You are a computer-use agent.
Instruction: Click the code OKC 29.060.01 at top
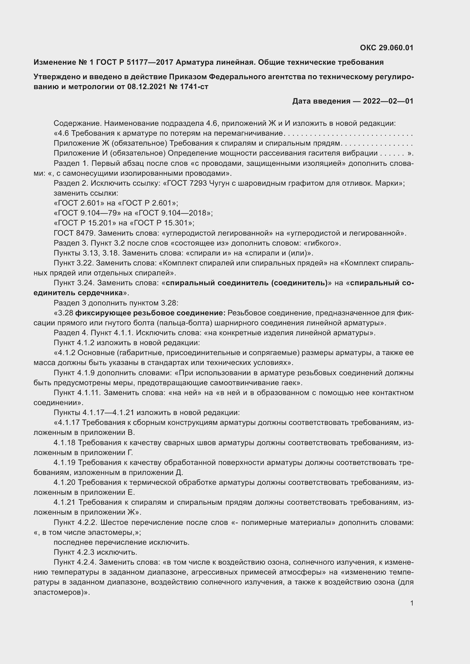coord(386,48)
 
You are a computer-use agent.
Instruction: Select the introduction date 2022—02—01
coord(388,101)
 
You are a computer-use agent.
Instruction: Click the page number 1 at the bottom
coord(411,603)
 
